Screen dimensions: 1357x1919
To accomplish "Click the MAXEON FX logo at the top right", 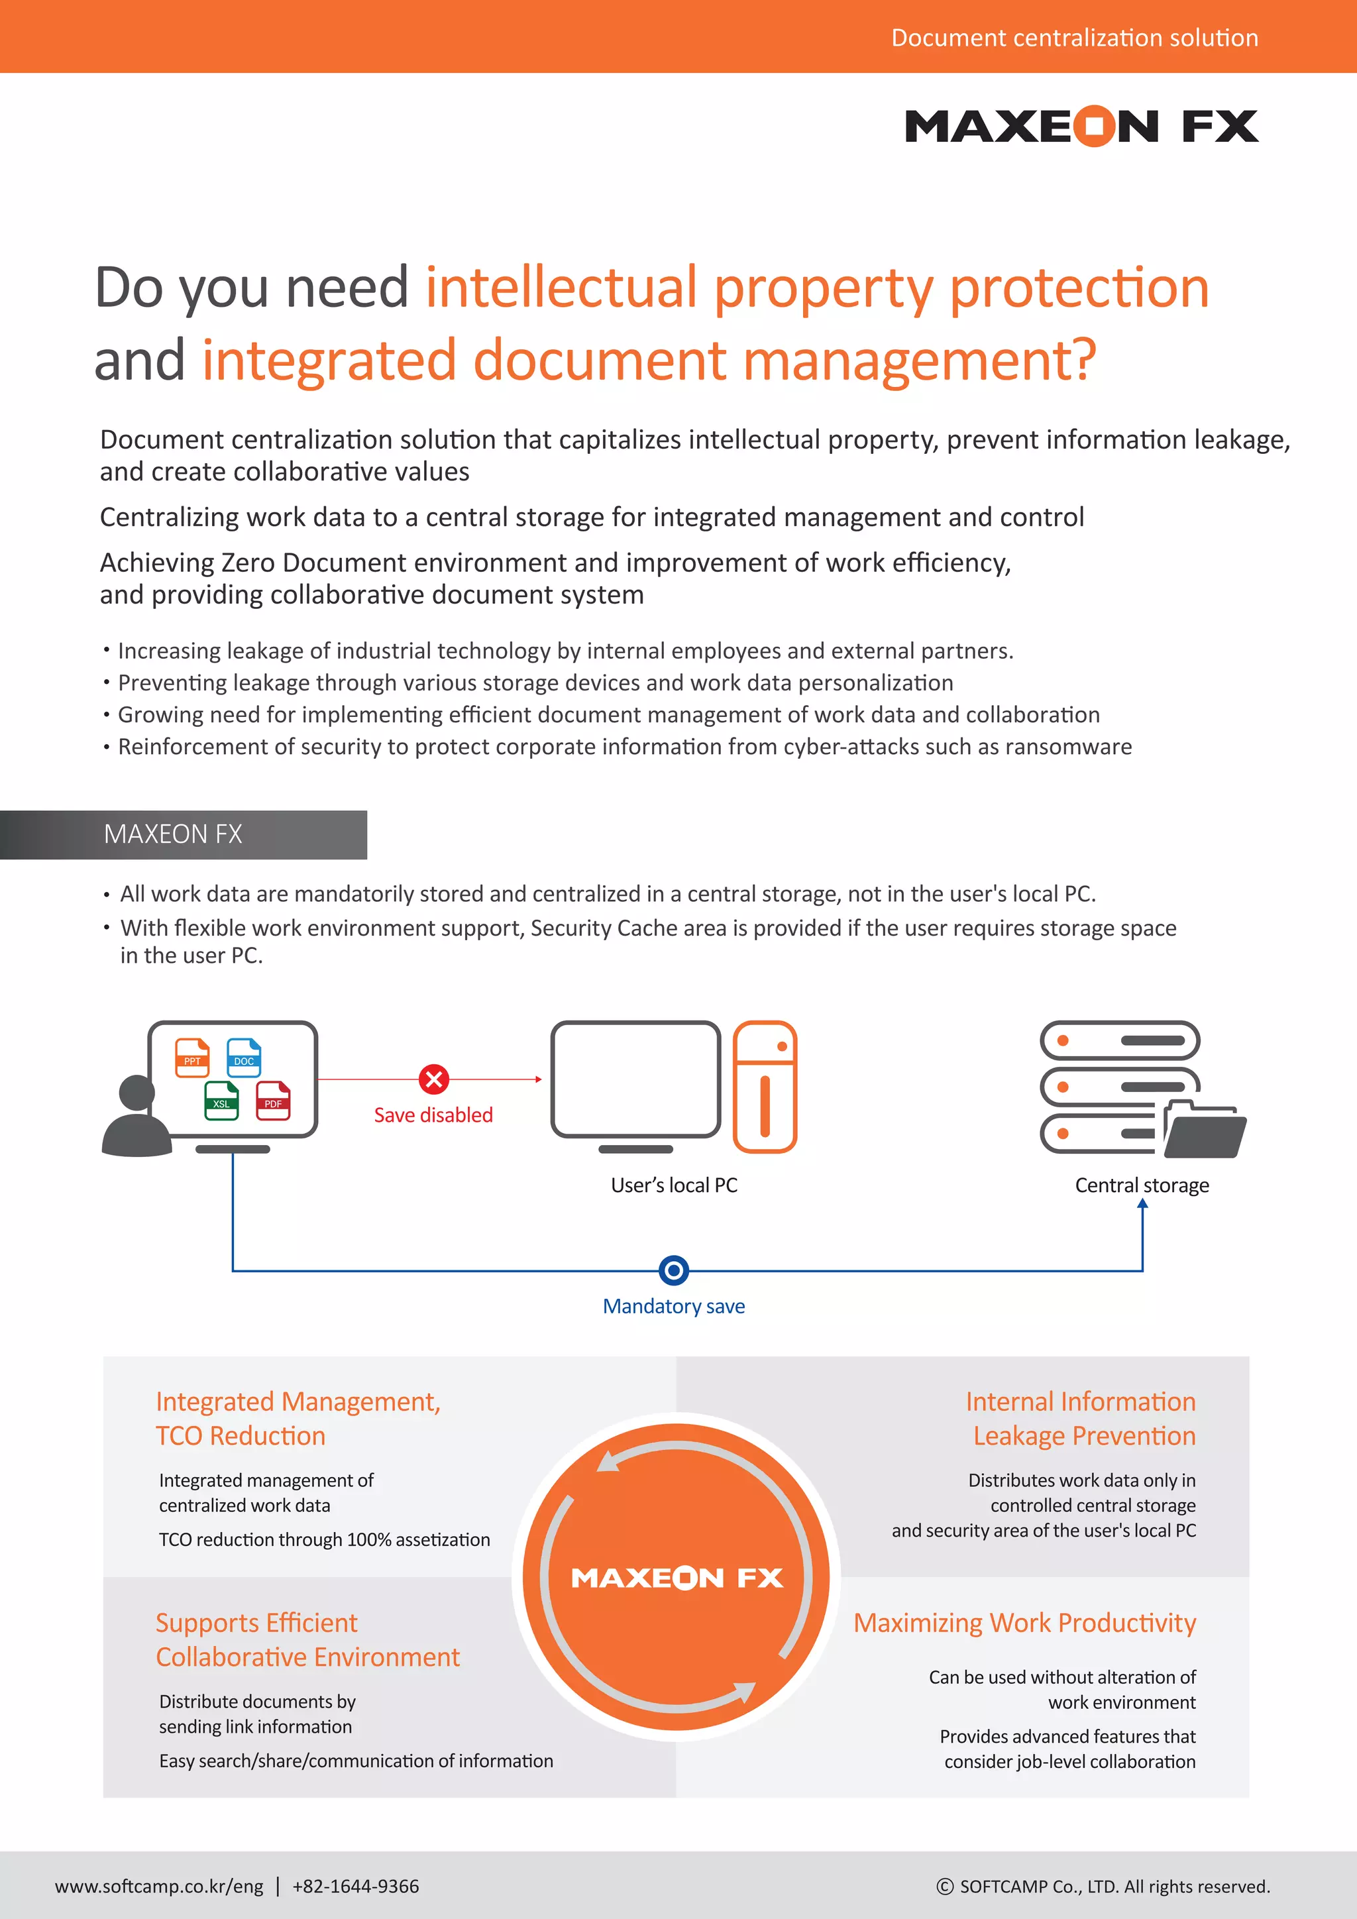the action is [x=1081, y=126].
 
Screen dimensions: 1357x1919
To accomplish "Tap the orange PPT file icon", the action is [x=192, y=1058].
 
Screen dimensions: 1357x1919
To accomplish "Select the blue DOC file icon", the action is [x=244, y=1058].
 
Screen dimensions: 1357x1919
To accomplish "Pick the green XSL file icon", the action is [x=221, y=1100].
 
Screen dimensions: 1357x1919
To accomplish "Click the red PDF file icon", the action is [x=273, y=1100].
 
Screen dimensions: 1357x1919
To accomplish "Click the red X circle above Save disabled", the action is [x=434, y=1079].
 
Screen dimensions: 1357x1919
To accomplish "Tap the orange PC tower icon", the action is [x=765, y=1087].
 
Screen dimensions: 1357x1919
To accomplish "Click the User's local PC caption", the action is [x=673, y=1185].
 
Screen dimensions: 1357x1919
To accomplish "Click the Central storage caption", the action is [x=1142, y=1185].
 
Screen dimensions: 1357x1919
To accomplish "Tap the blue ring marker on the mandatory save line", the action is [x=673, y=1270].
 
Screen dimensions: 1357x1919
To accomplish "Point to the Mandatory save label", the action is [x=673, y=1306].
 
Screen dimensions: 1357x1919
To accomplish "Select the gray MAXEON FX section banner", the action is [x=184, y=834].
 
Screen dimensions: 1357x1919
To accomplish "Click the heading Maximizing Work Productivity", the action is [x=1024, y=1622].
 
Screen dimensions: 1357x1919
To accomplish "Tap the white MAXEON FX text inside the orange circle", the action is [x=677, y=1577].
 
